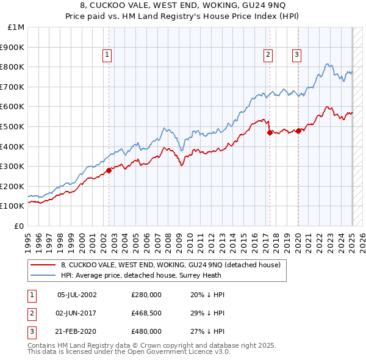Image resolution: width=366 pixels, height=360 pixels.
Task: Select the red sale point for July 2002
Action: coord(109,170)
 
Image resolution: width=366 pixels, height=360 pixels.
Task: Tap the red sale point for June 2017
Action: coord(270,132)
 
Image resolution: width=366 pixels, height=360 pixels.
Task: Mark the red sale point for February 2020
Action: coord(298,130)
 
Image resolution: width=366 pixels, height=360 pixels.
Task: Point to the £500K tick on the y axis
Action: coord(13,126)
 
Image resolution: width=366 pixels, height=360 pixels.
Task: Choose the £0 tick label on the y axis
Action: coord(18,226)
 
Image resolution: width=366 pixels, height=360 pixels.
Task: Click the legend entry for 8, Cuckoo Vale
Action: coord(170,265)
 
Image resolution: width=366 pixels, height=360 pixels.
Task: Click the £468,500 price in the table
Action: coord(146,314)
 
